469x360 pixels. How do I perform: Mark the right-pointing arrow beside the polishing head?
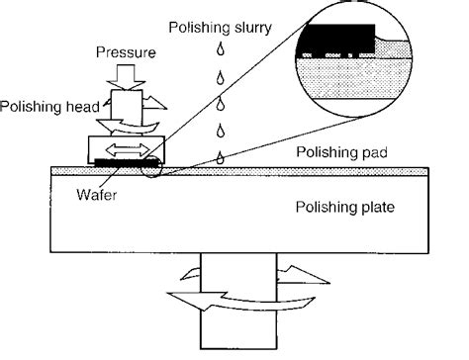pyautogui.click(x=156, y=101)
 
